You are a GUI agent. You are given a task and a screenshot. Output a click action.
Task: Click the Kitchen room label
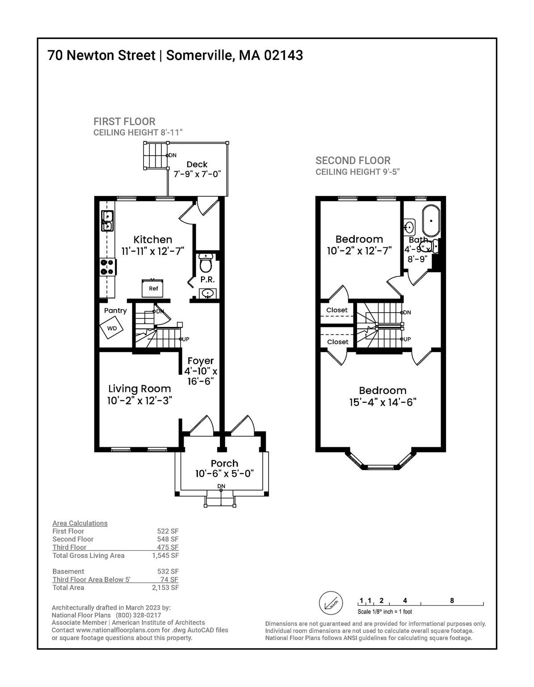tap(152, 239)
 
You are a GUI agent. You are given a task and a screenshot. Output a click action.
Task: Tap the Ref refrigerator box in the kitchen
tap(152, 288)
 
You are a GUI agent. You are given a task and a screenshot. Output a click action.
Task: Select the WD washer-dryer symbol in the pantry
tap(112, 328)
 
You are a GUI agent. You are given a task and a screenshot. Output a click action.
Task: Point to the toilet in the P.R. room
tap(206, 264)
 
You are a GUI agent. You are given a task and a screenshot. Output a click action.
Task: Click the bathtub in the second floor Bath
tap(431, 221)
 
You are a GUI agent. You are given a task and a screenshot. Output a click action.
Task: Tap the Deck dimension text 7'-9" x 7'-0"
tap(197, 174)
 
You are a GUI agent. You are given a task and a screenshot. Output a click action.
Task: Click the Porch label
tap(224, 463)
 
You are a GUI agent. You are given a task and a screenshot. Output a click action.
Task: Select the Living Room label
tap(139, 389)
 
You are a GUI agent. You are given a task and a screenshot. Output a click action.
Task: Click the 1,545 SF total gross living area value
tap(165, 556)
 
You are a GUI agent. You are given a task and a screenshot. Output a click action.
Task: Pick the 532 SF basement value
tap(168, 571)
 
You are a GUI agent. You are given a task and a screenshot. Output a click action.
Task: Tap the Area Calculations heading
tap(80, 523)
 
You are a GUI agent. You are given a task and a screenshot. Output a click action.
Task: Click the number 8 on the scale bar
tap(452, 600)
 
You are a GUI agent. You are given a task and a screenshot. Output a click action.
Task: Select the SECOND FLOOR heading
tap(353, 161)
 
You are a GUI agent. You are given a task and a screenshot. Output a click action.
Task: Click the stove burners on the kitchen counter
tap(108, 267)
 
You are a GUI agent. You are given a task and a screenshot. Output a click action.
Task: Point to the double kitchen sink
tap(107, 221)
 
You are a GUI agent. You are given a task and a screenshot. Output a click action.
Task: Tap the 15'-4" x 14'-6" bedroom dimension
tap(383, 403)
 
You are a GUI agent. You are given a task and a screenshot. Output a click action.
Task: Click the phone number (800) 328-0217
tap(139, 615)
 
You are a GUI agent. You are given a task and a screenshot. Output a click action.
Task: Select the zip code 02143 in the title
tap(283, 55)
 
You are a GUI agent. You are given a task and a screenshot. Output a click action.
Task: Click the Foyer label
tap(201, 361)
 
